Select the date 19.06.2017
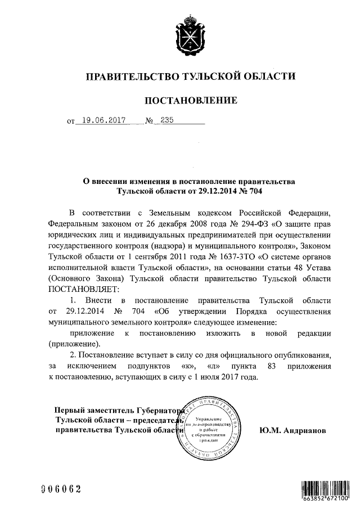102,120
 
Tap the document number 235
167,120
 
